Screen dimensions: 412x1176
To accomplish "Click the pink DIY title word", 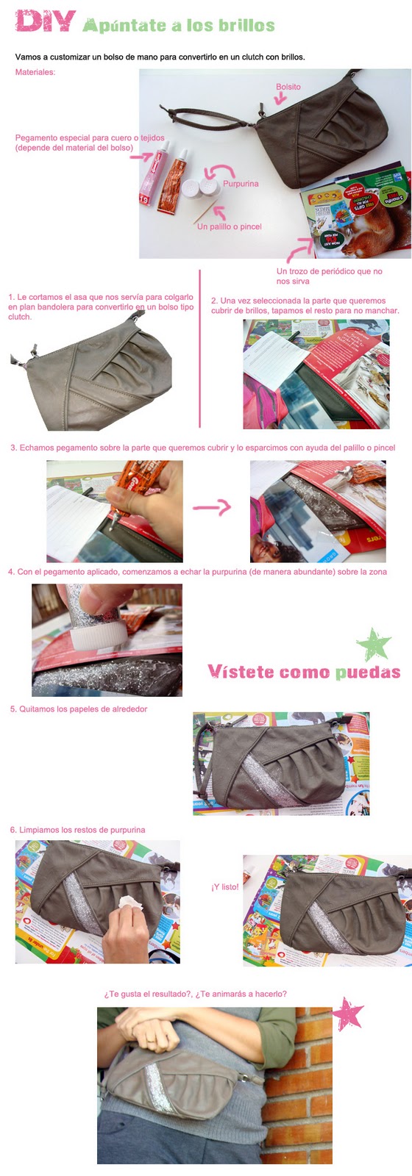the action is coord(46,21).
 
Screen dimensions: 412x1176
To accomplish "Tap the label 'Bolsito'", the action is coord(288,87).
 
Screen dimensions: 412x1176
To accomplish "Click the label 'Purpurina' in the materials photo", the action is coord(241,184).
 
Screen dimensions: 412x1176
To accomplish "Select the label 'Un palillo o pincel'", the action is coord(229,226).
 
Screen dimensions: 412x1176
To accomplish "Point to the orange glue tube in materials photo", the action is coord(172,182).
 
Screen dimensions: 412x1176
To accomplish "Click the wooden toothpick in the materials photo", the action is coord(206,212).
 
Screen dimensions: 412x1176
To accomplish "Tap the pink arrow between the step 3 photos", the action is coord(212,507).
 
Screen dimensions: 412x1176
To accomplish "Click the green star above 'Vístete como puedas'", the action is coord(374,644).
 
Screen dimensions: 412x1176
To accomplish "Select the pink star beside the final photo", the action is coord(348,1014).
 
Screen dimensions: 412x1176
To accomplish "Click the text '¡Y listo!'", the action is coord(225,886).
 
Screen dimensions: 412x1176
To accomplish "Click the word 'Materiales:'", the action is coord(35,72).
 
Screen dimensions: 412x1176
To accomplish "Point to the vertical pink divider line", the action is coord(199,348).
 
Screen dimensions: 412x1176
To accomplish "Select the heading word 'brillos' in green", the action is coord(247,25).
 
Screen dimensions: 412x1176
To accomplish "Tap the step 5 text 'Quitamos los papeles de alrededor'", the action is coord(83,709).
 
